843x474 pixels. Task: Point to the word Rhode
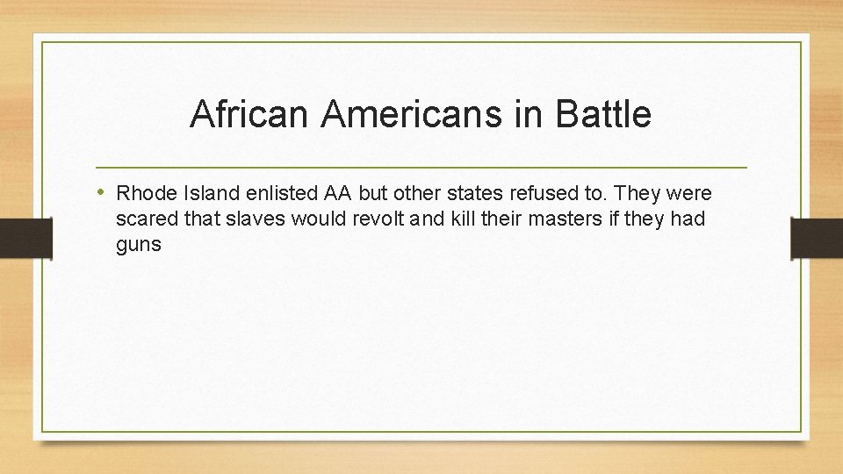(142, 193)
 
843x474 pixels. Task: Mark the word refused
(543, 193)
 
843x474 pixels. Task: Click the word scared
(143, 219)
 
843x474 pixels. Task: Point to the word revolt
(383, 219)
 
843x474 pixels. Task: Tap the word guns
(139, 245)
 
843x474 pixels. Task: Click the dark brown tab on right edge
(816, 238)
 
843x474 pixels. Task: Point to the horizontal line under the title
(421, 167)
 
